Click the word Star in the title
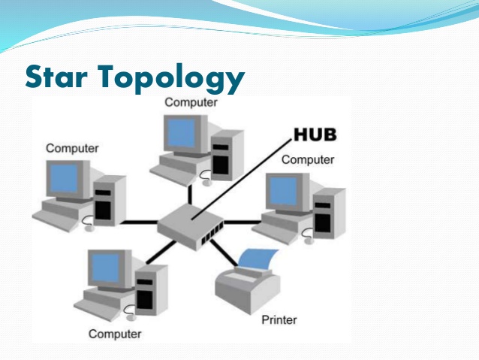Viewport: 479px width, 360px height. (x=59, y=76)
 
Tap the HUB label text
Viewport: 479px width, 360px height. (x=315, y=135)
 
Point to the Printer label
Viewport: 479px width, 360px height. (x=279, y=319)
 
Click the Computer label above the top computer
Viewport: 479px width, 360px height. (x=191, y=101)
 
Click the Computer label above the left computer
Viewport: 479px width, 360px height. (x=72, y=148)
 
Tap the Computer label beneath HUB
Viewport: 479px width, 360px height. (x=308, y=159)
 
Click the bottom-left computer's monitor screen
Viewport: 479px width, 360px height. (x=106, y=267)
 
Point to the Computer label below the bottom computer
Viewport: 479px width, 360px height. (x=115, y=334)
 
